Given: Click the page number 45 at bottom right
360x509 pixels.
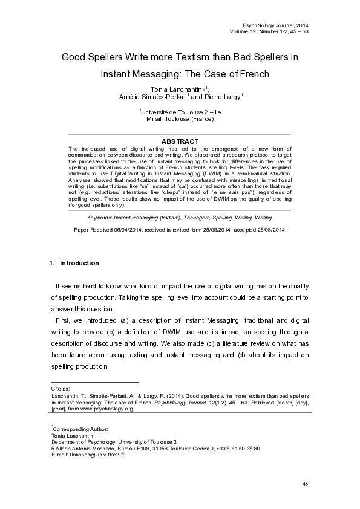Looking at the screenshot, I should (305, 484).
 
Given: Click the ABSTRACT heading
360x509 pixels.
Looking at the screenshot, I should (180, 141).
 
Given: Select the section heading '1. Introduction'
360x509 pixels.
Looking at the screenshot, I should (74, 264).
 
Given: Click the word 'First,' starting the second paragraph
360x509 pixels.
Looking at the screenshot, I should (62, 319).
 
